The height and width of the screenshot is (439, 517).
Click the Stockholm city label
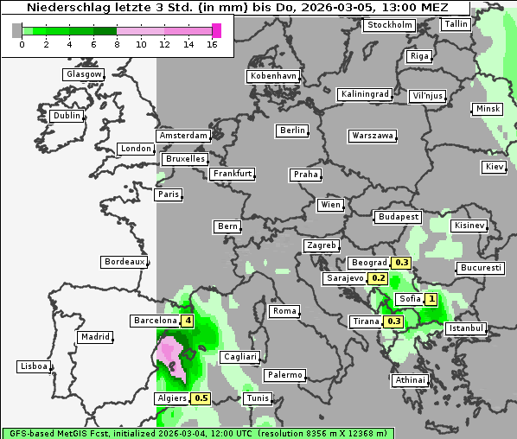pos(389,25)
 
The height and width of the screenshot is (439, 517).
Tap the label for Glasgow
pos(84,74)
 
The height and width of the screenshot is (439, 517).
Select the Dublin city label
pos(67,116)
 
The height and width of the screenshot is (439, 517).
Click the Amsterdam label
pos(183,136)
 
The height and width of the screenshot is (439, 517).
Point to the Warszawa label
pos(373,136)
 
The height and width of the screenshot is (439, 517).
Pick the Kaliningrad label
pos(366,93)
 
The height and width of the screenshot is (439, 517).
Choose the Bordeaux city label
pos(124,261)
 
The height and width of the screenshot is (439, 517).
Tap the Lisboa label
pos(35,366)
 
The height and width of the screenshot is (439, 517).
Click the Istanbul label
pos(466,328)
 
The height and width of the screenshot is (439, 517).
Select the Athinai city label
pos(410,380)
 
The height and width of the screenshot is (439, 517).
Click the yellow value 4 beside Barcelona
pos(188,321)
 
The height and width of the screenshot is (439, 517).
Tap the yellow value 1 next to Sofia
pos(431,299)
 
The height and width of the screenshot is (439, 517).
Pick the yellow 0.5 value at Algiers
pos(201,398)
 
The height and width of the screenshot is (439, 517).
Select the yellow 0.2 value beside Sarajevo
pos(379,278)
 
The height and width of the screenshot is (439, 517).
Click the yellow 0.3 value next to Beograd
pos(401,263)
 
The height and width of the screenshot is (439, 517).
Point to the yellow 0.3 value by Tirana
pos(393,321)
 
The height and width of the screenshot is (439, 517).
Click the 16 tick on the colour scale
pos(212,43)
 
